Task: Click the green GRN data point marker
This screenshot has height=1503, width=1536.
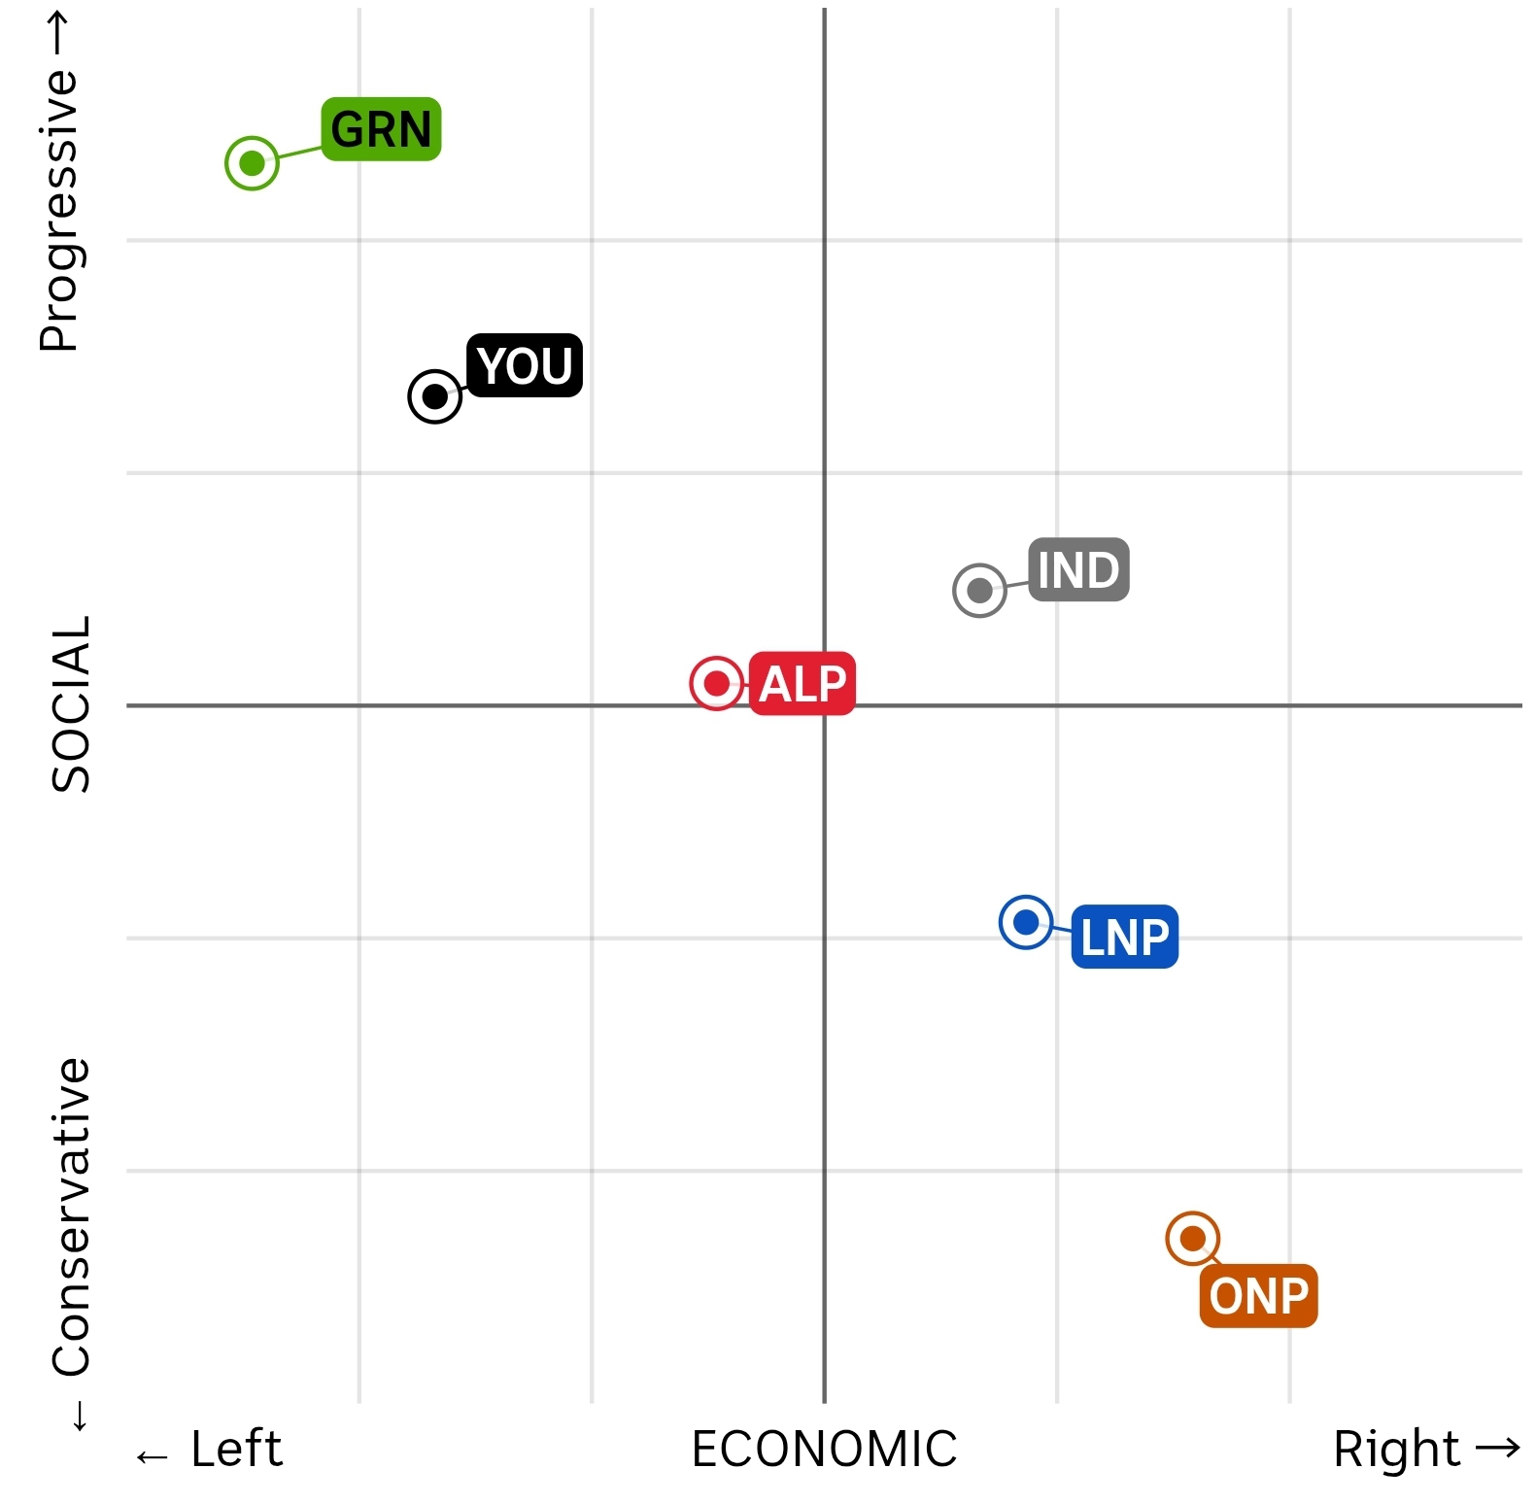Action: [252, 163]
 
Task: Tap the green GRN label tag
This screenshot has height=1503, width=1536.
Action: [381, 129]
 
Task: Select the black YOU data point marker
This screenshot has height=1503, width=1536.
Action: [434, 396]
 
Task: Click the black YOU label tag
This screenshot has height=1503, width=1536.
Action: [525, 365]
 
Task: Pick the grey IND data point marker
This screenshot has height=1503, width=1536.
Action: [979, 590]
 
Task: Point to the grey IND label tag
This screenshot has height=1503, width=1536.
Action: [1078, 569]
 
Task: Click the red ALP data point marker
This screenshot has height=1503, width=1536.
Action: [717, 684]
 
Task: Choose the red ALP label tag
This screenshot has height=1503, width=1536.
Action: [802, 684]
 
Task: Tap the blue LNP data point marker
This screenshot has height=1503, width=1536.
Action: [1026, 922]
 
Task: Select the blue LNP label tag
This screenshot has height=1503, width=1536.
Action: [1125, 937]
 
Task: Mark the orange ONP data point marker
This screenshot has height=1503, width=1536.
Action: [1193, 1239]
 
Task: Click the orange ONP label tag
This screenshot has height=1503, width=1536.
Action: [1259, 1296]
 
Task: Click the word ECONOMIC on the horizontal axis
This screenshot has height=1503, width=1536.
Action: [824, 1449]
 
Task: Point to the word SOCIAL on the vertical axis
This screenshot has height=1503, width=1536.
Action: [71, 704]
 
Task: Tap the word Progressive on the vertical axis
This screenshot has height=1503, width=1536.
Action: [60, 210]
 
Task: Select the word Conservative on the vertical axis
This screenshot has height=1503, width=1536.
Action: [71, 1216]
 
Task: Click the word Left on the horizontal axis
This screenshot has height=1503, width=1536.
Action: [236, 1449]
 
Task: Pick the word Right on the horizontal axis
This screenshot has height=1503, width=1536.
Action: [1396, 1449]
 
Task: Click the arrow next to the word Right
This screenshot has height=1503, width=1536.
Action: [1497, 1448]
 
